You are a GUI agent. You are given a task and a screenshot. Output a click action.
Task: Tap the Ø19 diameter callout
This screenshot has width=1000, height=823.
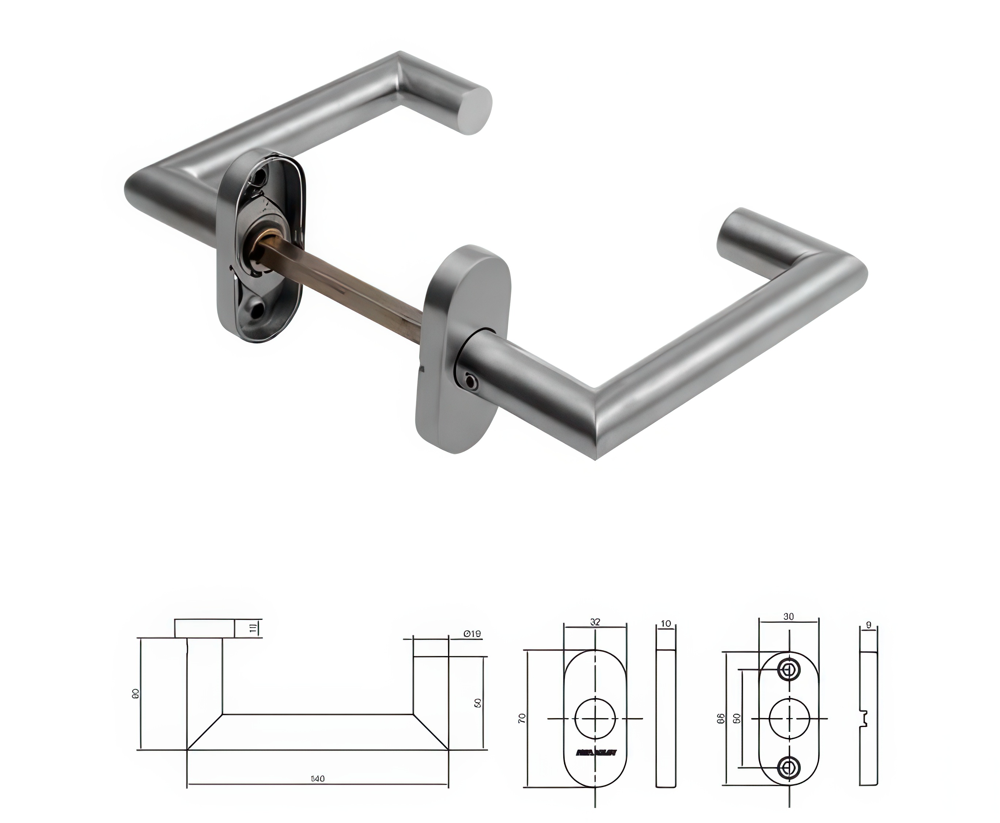[472, 633]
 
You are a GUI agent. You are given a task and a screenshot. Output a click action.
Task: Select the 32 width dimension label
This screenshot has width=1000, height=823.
[595, 622]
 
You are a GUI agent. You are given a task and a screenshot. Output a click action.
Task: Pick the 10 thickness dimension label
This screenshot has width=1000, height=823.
[666, 624]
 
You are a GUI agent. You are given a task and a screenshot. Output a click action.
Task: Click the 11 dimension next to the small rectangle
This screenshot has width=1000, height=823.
[254, 628]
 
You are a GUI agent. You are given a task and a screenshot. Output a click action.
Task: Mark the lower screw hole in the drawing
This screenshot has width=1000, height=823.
[788, 767]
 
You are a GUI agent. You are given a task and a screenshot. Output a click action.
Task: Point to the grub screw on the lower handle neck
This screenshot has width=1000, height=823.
[471, 380]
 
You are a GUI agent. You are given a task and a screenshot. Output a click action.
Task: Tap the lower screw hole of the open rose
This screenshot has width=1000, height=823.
[258, 311]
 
